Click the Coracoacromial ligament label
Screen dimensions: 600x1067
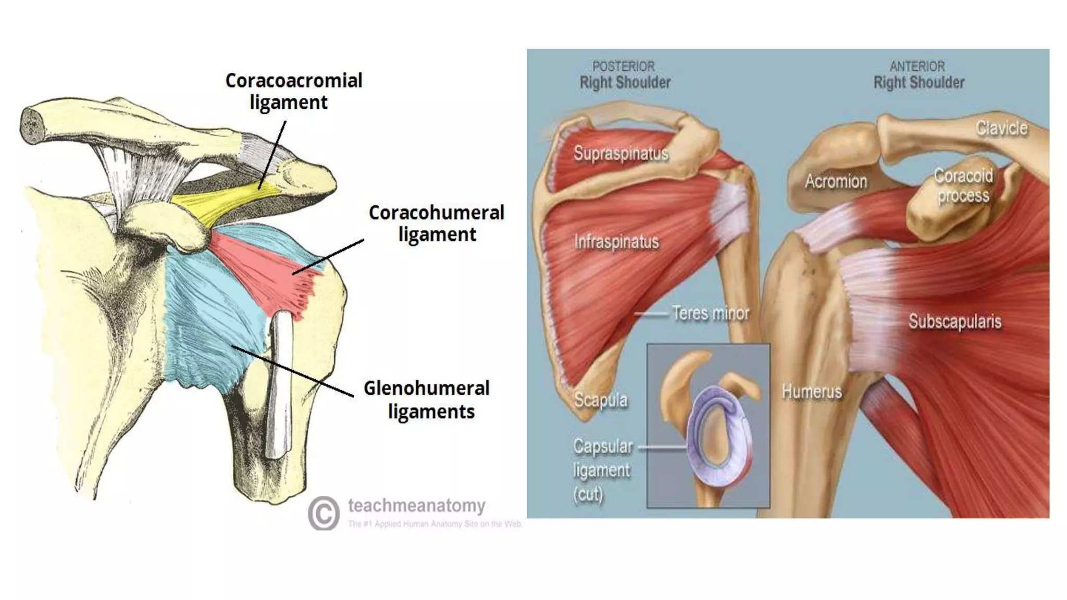tap(293, 91)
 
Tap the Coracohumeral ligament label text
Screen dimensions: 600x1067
tap(437, 223)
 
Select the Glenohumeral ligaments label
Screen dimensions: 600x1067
tap(427, 399)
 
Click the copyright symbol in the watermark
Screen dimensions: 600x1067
tap(324, 513)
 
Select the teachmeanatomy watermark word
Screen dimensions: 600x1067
tap(416, 505)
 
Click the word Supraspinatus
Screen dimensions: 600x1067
tap(621, 153)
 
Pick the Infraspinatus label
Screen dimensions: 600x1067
tap(616, 242)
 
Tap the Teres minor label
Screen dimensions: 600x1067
tap(710, 313)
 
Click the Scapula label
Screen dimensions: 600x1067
tap(601, 400)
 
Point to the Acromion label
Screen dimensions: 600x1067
tap(836, 181)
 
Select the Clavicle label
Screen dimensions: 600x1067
tap(1001, 128)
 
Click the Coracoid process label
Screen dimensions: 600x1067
tap(963, 185)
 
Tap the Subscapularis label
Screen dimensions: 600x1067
tap(954, 321)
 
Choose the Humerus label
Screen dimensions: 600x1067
tap(812, 391)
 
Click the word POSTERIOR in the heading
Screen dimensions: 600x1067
tap(623, 67)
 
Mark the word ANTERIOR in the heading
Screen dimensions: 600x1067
tap(917, 67)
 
